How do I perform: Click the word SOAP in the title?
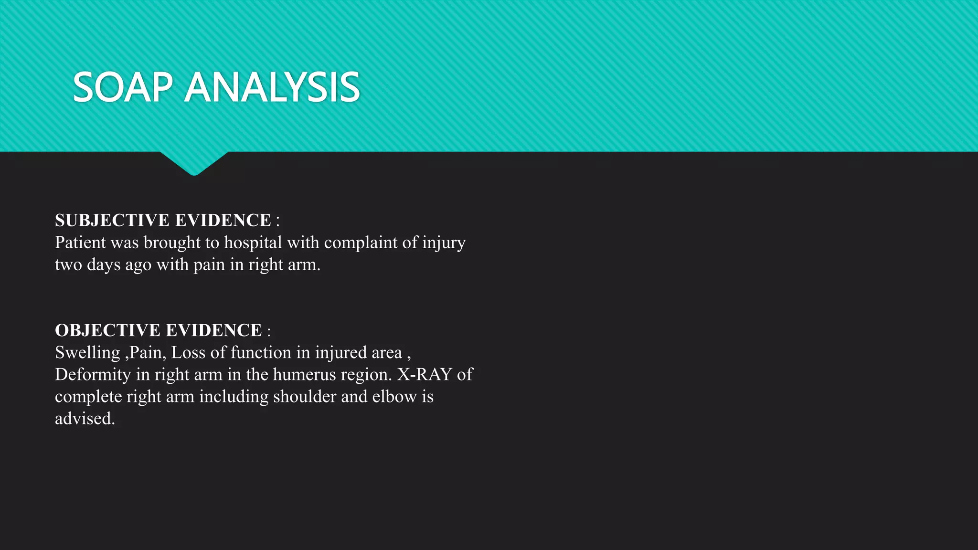pyautogui.click(x=122, y=87)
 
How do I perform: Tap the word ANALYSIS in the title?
pyautogui.click(x=272, y=87)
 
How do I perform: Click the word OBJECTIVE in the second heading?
pyautogui.click(x=107, y=330)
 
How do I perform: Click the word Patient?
pyautogui.click(x=80, y=243)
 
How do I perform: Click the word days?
pyautogui.click(x=103, y=265)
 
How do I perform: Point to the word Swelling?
pyautogui.click(x=87, y=353)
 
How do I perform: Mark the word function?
pyautogui.click(x=261, y=352)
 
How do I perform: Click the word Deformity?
pyautogui.click(x=93, y=375)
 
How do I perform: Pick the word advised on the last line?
pyautogui.click(x=85, y=419)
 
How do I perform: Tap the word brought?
pyautogui.click(x=172, y=243)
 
